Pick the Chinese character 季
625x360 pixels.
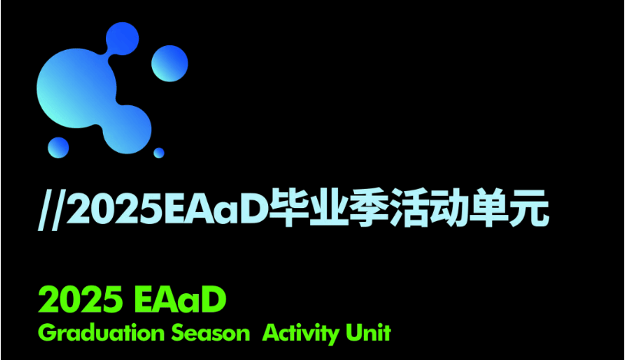[x=367, y=208]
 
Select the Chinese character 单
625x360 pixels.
[x=488, y=208]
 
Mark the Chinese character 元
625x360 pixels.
[x=528, y=208]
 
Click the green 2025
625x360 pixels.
[x=80, y=300]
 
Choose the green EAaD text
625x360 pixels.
[x=180, y=300]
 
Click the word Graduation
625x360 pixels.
[x=101, y=333]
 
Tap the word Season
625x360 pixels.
[x=210, y=333]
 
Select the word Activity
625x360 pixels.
[x=301, y=334]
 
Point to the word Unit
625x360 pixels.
[x=369, y=332]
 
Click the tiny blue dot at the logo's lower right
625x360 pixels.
[x=159, y=153]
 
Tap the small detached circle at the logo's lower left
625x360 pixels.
[x=58, y=147]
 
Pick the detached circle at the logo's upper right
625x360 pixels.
[x=170, y=64]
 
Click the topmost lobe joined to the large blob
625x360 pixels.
[x=122, y=38]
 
